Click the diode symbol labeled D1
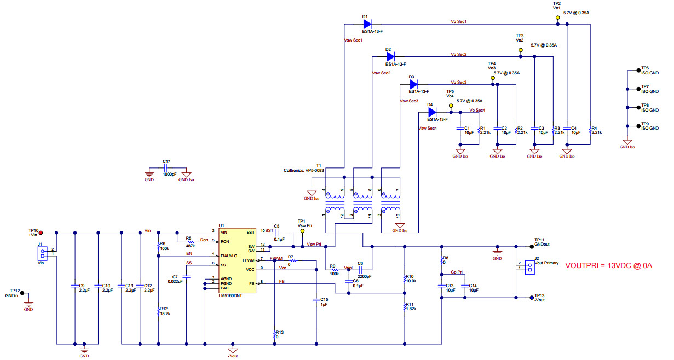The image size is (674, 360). (x=367, y=24)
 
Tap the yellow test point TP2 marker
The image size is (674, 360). (x=557, y=18)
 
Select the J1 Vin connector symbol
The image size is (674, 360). (x=42, y=254)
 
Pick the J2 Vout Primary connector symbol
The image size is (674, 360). (x=528, y=267)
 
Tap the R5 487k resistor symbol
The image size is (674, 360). (x=191, y=241)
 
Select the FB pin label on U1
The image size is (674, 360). (x=251, y=283)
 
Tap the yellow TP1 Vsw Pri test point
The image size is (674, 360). (x=303, y=231)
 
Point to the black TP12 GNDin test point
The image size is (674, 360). (x=22, y=293)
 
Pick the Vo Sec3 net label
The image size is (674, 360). (x=459, y=82)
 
